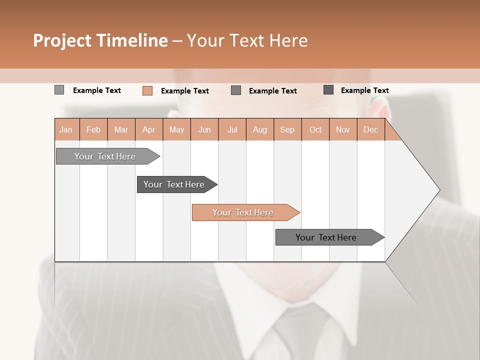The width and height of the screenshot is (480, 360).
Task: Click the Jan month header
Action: tap(66, 129)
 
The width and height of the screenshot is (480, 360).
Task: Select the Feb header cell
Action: tap(93, 129)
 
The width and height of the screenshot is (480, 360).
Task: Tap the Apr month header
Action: tap(148, 129)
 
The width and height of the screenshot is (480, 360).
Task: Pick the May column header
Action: tap(176, 129)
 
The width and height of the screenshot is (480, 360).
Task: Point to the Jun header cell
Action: tap(204, 129)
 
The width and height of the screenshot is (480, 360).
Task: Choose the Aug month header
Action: tap(259, 129)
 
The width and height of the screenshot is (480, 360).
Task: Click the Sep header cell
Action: tap(287, 129)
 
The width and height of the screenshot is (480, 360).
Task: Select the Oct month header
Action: tap(315, 129)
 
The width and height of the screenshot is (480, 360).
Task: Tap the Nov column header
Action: tap(343, 129)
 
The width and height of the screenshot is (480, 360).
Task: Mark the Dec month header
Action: tap(370, 129)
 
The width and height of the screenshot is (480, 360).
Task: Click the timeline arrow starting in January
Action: tap(105, 156)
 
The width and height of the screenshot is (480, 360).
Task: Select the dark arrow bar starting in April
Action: tap(174, 184)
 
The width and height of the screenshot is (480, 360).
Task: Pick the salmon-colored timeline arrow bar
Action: tap(243, 212)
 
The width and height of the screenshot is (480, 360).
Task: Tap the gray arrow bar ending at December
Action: tap(326, 237)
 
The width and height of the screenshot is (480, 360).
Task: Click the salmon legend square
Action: tap(147, 90)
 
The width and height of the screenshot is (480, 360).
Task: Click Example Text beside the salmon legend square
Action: tap(184, 91)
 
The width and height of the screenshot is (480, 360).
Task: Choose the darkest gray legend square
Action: tap(328, 90)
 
